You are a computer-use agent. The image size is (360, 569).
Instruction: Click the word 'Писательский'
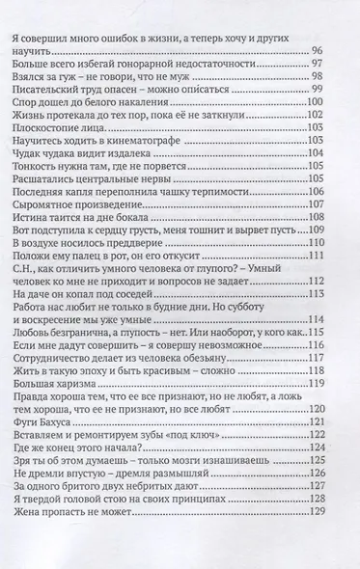45,95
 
